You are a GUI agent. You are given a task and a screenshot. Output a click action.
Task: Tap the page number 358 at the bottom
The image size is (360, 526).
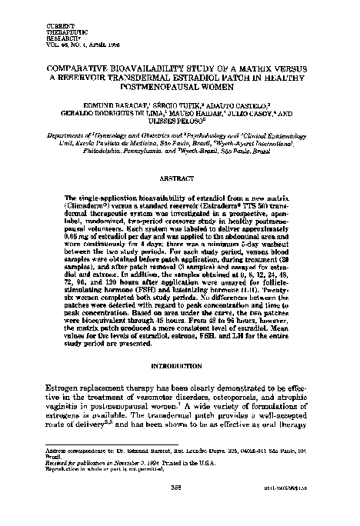coord(179,507)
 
